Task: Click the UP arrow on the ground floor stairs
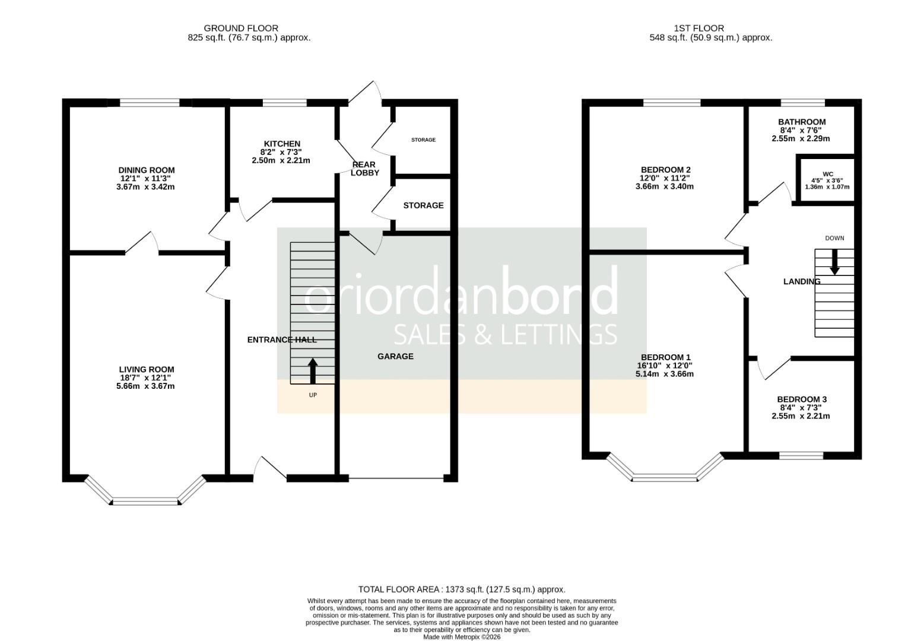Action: click(x=313, y=371)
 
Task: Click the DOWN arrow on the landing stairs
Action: click(x=834, y=262)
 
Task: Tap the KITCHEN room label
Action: click(x=282, y=144)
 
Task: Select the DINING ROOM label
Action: click(x=146, y=170)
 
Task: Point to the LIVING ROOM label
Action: click(x=146, y=370)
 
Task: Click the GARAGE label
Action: click(x=395, y=356)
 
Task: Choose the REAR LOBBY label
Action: click(x=364, y=169)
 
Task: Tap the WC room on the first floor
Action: click(x=827, y=180)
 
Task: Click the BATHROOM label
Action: click(x=801, y=122)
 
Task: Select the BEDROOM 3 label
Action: click(x=801, y=399)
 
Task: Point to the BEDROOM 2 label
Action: click(x=665, y=170)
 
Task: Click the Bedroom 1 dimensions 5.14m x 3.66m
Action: click(x=665, y=374)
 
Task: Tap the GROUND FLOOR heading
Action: click(x=240, y=28)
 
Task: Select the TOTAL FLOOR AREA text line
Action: click(x=462, y=589)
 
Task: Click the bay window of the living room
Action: click(x=146, y=502)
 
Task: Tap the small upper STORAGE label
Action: click(x=423, y=140)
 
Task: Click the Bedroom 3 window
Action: click(x=801, y=455)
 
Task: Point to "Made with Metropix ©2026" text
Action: click(x=462, y=637)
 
